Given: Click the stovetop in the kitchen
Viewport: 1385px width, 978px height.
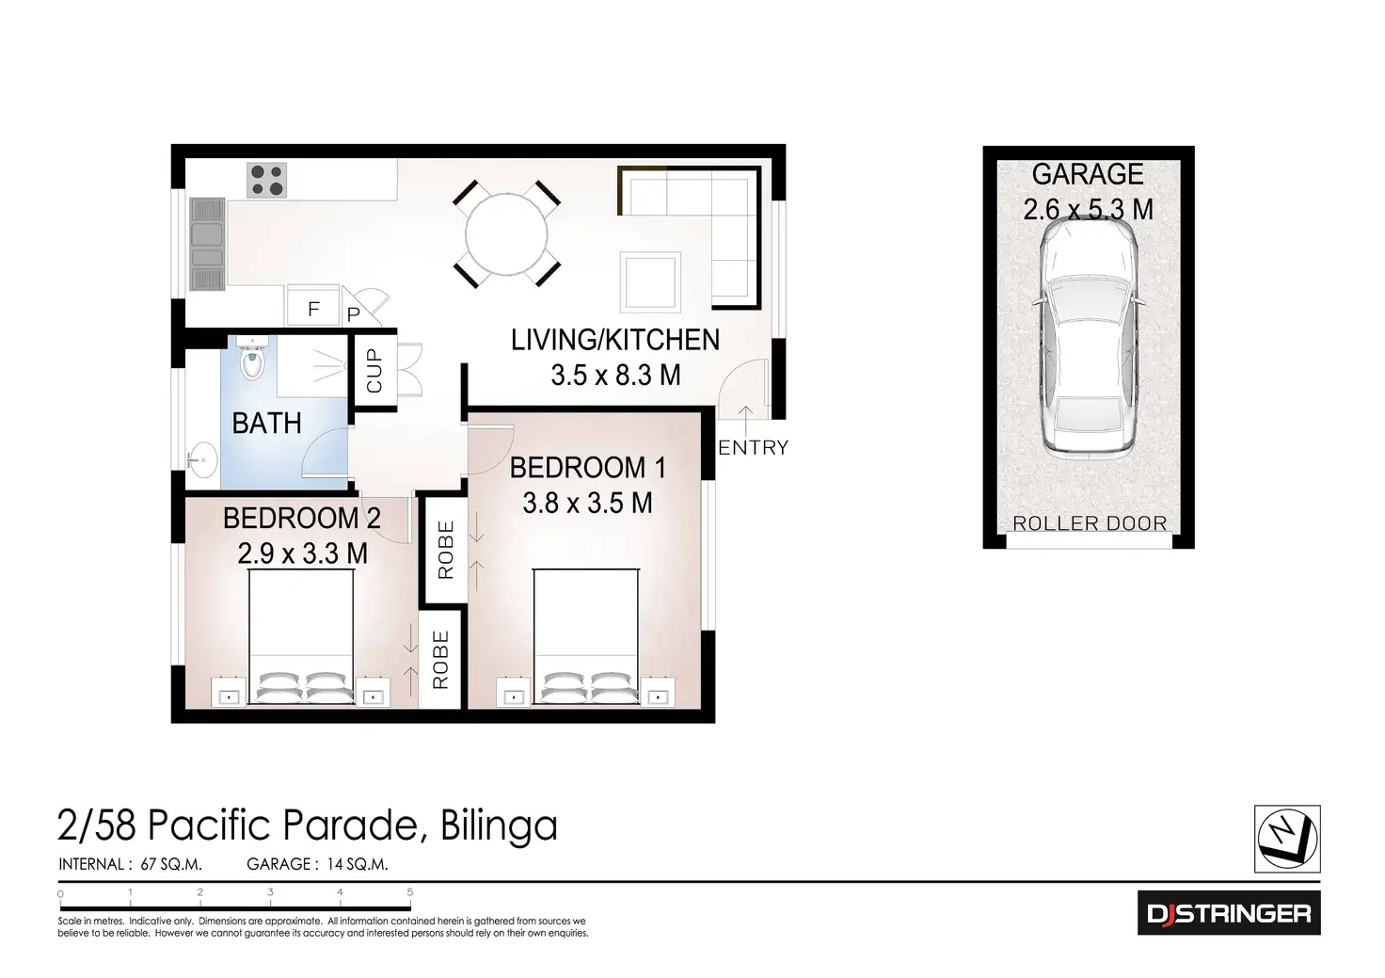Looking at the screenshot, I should [x=266, y=180].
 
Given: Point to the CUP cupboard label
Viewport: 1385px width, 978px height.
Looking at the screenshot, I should [x=374, y=370].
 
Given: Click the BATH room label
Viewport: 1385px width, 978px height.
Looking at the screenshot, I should [x=266, y=424].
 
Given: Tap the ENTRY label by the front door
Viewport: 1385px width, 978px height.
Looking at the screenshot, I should [x=753, y=448].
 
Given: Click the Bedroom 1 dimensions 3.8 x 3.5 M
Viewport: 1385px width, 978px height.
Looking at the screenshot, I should [x=587, y=503].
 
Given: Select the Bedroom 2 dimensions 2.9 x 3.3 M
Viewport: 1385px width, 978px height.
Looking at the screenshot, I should [x=302, y=553].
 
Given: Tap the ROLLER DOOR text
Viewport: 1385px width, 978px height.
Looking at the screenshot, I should [x=1089, y=523].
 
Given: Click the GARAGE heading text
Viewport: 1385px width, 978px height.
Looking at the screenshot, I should [x=1088, y=174].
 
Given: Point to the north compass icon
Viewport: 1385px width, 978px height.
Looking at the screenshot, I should [x=1287, y=838].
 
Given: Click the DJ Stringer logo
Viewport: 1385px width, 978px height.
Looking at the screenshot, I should [x=1228, y=913].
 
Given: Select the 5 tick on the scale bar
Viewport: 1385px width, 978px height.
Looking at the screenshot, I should [x=410, y=891].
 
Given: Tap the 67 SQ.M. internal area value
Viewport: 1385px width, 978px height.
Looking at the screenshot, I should [x=171, y=864].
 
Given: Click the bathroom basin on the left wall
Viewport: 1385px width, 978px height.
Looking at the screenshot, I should [x=202, y=460].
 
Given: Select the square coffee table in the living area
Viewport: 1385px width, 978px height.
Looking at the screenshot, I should [x=650, y=281].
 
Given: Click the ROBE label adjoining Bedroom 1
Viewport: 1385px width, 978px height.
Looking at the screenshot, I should [x=446, y=550].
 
